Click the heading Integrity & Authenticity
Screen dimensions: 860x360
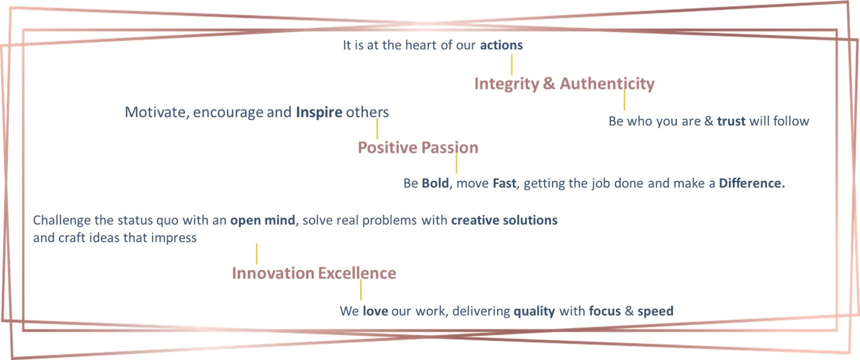tap(564, 84)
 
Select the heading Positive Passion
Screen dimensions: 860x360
tap(418, 148)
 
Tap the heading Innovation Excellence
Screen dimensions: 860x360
tap(314, 273)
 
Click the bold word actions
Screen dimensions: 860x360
tap(501, 45)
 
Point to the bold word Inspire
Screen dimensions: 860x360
tap(319, 112)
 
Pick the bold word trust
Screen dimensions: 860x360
tap(731, 121)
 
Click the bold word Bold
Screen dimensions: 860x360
tap(435, 183)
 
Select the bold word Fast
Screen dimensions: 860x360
tap(504, 183)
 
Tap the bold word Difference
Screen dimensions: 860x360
tap(752, 183)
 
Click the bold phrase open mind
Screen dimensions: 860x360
tap(262, 220)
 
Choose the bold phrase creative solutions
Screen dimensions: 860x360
tap(504, 220)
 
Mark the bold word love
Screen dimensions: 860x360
tap(375, 311)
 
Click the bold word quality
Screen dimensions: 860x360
tap(534, 312)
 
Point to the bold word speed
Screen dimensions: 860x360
tap(655, 312)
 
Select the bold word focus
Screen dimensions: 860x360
tap(605, 311)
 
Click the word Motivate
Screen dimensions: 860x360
tap(155, 112)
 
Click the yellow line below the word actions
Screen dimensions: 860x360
tap(512, 64)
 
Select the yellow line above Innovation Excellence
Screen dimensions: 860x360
tap(257, 254)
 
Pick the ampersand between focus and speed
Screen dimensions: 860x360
tap(629, 311)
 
